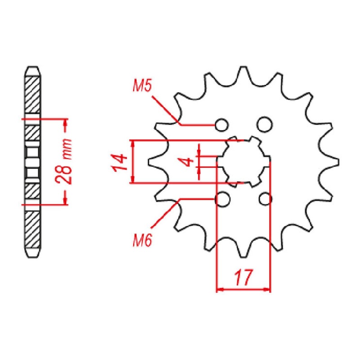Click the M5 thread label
coord(143,85)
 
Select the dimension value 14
coord(118,162)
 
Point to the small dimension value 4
coord(189,162)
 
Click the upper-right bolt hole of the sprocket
coord(264,124)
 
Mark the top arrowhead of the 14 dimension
coord(132,143)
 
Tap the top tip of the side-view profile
coord(33,67)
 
